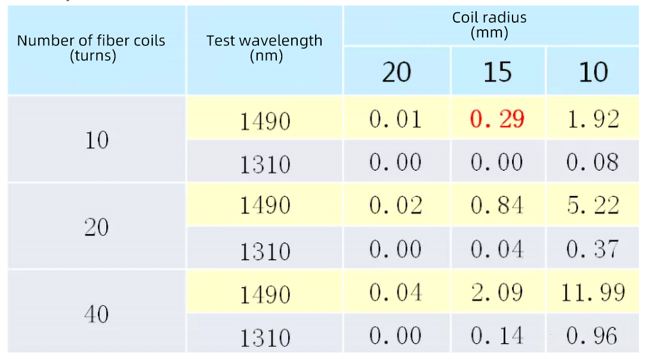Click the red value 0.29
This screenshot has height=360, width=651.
497,119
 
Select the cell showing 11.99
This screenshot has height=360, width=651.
593,293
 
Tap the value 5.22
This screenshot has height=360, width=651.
593,205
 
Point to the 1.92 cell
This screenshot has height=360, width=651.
593,119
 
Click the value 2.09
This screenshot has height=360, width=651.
497,293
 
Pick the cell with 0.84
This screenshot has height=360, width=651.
497,205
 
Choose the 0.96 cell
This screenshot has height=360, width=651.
593,336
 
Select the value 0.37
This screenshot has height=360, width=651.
593,249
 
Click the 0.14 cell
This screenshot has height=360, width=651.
497,336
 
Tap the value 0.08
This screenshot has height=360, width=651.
593,162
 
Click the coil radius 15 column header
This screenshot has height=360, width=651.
497,72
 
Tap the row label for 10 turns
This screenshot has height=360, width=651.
96,140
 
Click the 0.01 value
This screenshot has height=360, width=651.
396,119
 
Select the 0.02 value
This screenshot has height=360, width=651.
396,205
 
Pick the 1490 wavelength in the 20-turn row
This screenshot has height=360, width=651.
265,205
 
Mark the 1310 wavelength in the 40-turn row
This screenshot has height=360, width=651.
265,338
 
